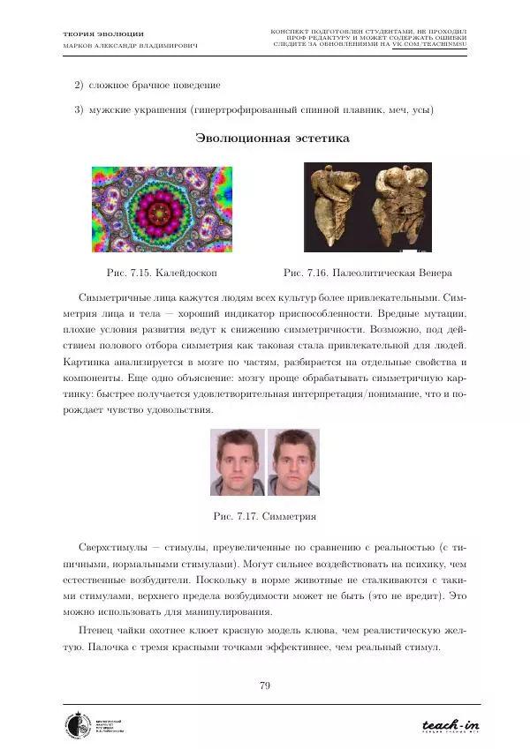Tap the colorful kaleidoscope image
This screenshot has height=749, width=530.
point(162,208)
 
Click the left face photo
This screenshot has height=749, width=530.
point(237,462)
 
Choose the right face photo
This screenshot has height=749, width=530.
point(293,462)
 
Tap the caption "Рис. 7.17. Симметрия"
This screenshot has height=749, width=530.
point(265,514)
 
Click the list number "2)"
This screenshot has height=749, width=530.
point(78,86)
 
